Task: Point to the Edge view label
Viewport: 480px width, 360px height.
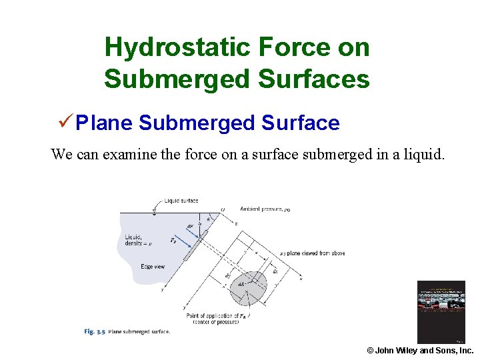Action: [x=153, y=267]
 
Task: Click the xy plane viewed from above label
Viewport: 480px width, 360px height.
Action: [x=312, y=253]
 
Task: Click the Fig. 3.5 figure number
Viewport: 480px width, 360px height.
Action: [x=94, y=331]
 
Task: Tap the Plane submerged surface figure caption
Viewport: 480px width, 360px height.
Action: [x=139, y=331]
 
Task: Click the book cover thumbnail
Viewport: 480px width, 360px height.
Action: [x=441, y=312]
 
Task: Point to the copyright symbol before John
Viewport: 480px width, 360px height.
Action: [x=370, y=351]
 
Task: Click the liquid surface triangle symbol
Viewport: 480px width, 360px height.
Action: [x=154, y=209]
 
